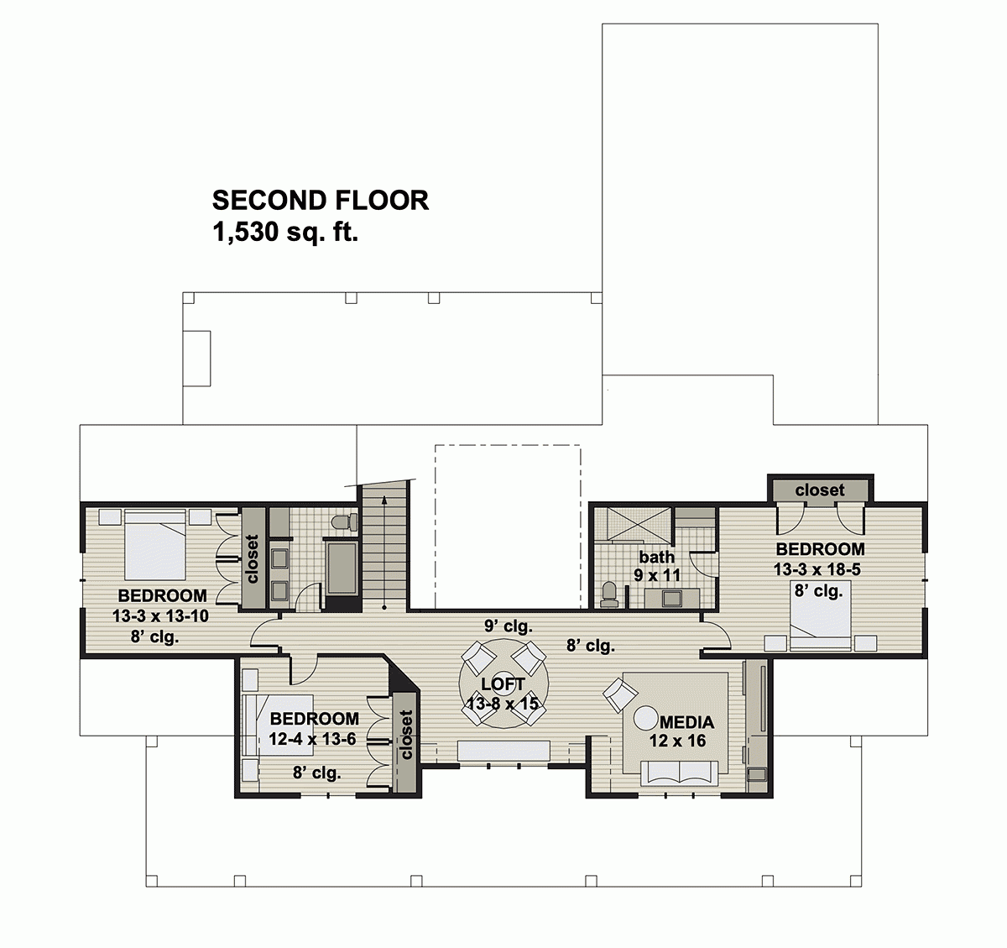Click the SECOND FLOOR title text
[320, 201]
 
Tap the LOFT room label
[503, 684]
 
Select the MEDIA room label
[686, 722]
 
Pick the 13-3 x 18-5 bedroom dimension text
[817, 569]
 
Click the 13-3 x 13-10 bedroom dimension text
[160, 616]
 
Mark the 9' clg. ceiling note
[508, 626]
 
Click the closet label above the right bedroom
[819, 490]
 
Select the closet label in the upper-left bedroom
[253, 558]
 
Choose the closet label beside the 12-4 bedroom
[407, 735]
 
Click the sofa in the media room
[678, 773]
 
